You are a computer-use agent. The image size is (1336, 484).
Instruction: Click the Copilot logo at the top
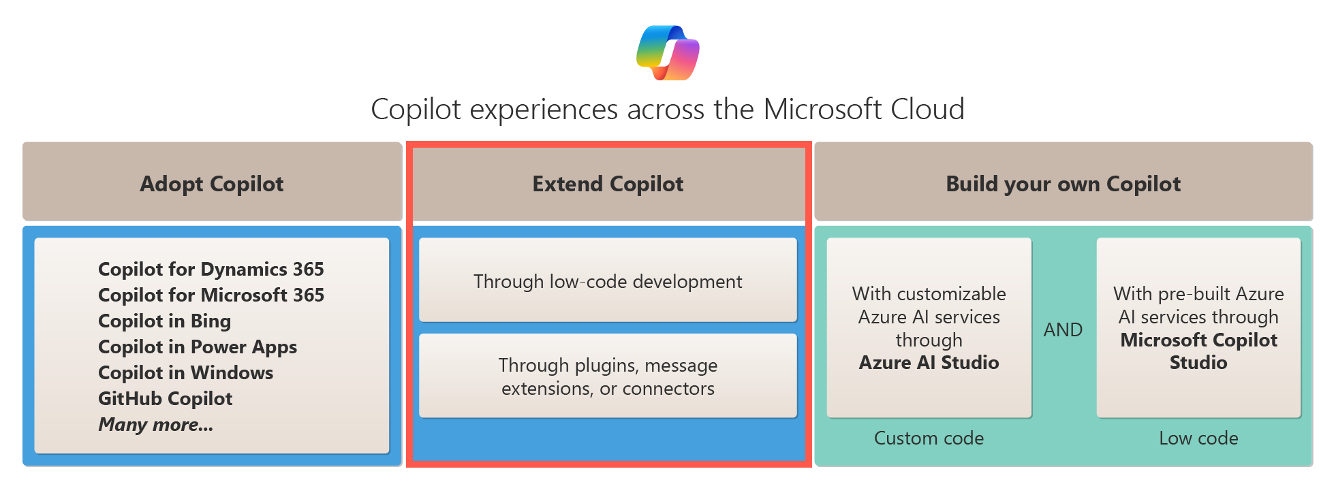[x=668, y=52]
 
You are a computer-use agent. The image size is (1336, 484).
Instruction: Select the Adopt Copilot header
[x=212, y=184]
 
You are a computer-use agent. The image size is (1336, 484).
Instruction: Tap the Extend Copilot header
[x=608, y=184]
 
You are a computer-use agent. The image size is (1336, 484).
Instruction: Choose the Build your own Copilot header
[x=1063, y=184]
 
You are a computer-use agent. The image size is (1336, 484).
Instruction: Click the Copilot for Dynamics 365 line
[x=211, y=269]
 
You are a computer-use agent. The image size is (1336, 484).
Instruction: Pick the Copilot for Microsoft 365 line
[x=211, y=295]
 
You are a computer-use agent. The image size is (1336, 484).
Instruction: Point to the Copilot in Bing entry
[x=164, y=321]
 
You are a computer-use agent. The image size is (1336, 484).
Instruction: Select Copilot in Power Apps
[x=198, y=346]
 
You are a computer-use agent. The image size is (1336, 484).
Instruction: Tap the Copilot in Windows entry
[x=185, y=372]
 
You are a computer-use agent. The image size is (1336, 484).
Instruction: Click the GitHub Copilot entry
[x=165, y=398]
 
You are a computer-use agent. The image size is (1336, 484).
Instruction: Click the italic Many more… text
[x=155, y=424]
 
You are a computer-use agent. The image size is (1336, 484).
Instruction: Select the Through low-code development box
[x=608, y=281]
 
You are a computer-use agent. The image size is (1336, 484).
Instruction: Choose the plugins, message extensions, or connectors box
[x=608, y=376]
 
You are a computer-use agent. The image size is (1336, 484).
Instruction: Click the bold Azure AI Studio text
[x=929, y=363]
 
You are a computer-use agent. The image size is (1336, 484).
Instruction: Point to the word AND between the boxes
[x=1063, y=329]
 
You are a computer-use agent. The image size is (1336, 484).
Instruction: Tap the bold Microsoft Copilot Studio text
[x=1198, y=351]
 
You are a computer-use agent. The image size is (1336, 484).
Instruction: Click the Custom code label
[x=929, y=438]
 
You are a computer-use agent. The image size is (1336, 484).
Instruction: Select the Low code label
[x=1198, y=438]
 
